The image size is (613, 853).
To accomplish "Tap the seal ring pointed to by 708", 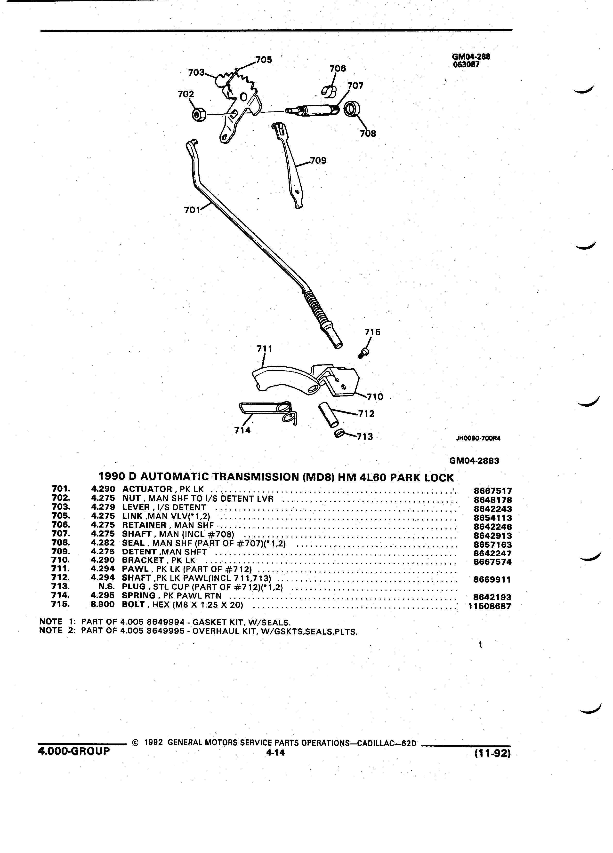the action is click(x=351, y=109).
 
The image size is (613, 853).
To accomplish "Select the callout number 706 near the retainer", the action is click(x=338, y=68).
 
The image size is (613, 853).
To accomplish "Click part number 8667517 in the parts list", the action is click(x=492, y=491).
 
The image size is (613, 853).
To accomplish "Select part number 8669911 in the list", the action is click(x=492, y=580).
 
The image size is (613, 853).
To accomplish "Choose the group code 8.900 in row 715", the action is click(x=103, y=605).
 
